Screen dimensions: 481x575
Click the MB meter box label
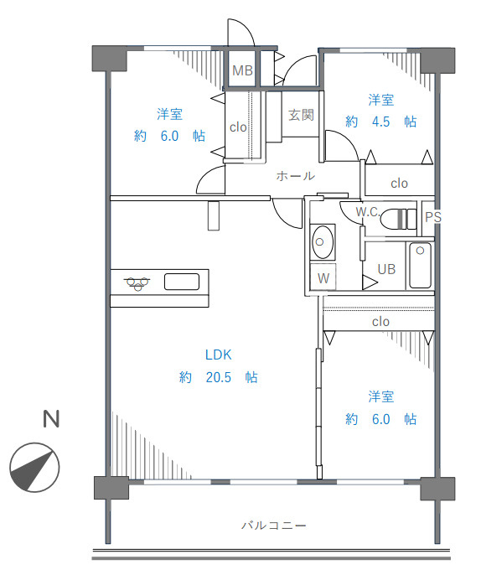pos(243,70)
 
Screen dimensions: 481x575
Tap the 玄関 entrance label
pos(301,115)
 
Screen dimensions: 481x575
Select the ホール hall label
pos(295,176)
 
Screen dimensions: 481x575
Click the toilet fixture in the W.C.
pos(398,219)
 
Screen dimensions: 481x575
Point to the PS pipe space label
pos(432,217)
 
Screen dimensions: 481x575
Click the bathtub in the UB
pos(420,265)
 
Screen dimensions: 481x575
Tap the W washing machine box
pos(323,277)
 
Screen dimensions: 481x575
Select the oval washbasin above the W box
pos(323,242)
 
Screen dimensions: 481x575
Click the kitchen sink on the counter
pos(182,282)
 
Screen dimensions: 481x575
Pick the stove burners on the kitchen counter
pos(137,283)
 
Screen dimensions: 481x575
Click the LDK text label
pos(219,355)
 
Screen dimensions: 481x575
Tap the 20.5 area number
pos(219,377)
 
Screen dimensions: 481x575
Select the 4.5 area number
pos(381,122)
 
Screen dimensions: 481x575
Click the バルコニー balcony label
pos(273,526)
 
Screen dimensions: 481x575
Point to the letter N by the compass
pos(51,419)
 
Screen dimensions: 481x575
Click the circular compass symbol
pos(34,467)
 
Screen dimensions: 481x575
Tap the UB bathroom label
pos(386,270)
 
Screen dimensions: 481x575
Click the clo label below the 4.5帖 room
pos(399,183)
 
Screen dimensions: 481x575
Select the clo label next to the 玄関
pos(238,127)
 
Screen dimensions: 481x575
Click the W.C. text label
pos(368,211)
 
